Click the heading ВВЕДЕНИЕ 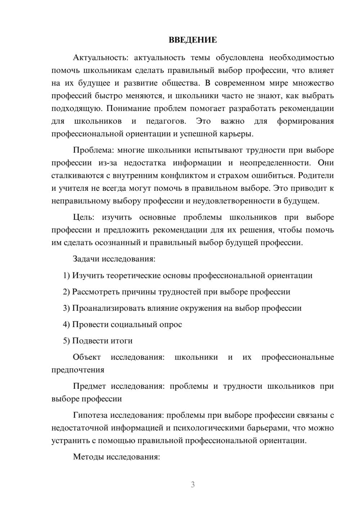click(x=193, y=40)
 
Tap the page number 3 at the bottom click(x=193, y=485)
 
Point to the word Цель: click(x=84, y=217)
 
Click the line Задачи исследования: click(x=114, y=259)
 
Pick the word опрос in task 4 click(x=170, y=324)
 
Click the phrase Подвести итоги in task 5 click(x=102, y=341)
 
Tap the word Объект click(x=87, y=357)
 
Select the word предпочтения click(x=78, y=370)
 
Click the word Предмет click(x=89, y=386)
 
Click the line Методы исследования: click(x=116, y=457)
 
